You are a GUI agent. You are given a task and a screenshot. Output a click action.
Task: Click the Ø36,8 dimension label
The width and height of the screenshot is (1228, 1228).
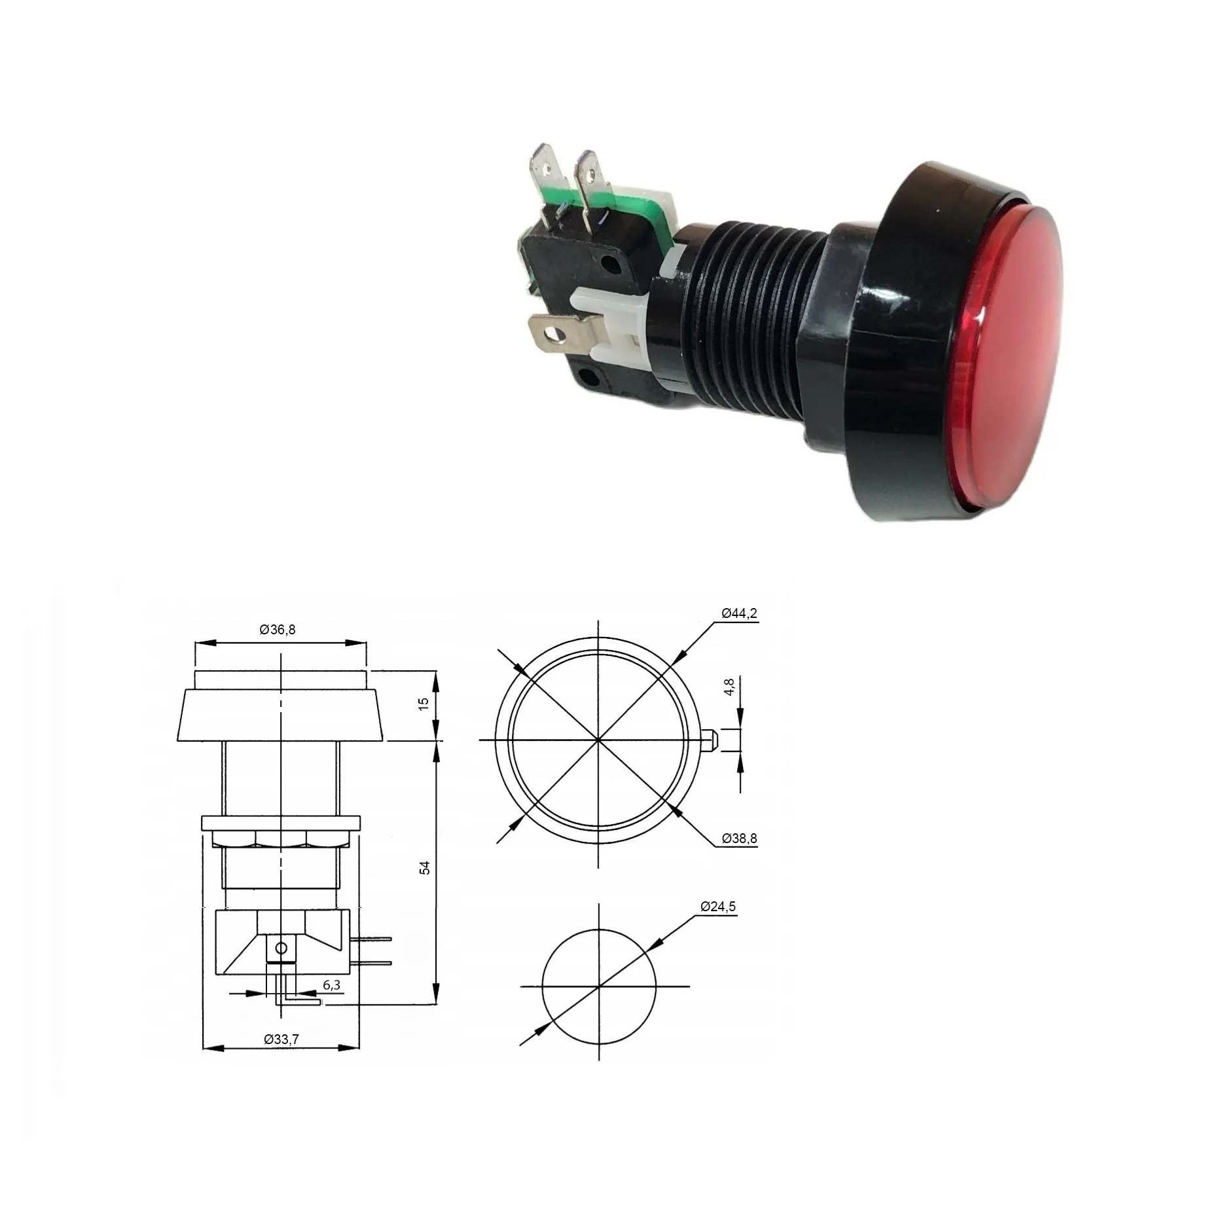tap(278, 630)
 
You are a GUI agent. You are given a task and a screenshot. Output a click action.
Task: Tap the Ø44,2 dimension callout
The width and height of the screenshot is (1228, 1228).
tap(740, 613)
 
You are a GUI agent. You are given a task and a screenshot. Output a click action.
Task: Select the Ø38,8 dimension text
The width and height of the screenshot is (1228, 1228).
tap(740, 838)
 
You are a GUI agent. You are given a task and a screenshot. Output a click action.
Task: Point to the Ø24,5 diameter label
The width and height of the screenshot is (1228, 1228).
tap(718, 907)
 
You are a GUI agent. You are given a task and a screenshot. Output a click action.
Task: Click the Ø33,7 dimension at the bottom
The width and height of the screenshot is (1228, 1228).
tap(281, 1039)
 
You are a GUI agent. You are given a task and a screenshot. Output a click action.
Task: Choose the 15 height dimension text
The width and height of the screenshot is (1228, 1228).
tap(424, 703)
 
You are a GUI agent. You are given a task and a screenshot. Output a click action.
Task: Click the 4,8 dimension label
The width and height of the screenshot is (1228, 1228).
tap(731, 687)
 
